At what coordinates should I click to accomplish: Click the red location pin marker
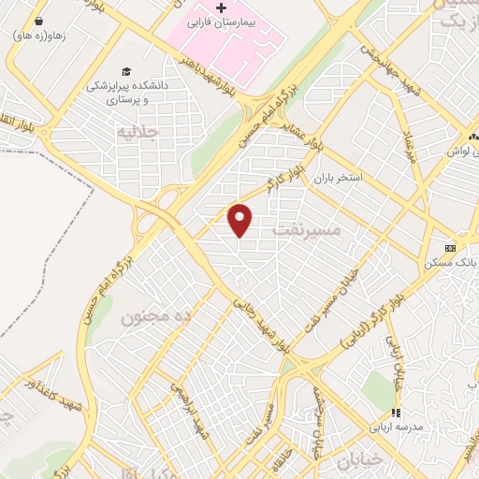click(240, 220)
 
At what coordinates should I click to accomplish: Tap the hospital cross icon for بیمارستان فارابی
click(221, 9)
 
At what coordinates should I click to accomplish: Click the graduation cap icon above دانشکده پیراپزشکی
click(125, 71)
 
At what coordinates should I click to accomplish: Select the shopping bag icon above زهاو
click(38, 20)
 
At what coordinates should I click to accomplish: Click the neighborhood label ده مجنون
click(155, 317)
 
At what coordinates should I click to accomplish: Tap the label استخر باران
click(343, 177)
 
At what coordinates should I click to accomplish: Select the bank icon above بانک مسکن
click(452, 248)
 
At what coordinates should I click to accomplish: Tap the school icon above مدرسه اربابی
click(396, 412)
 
